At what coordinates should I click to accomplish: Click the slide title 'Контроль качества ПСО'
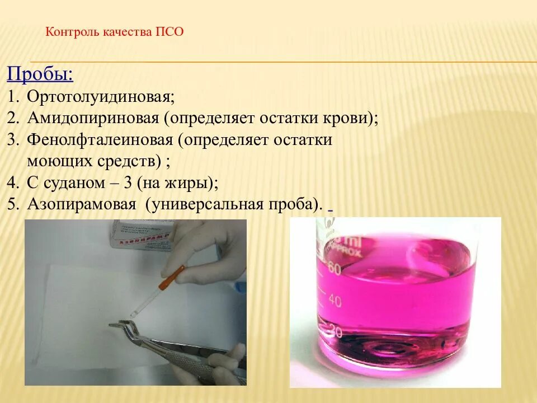click(115, 31)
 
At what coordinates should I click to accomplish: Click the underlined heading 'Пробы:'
click(40, 75)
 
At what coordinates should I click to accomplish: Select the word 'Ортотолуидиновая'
click(100, 97)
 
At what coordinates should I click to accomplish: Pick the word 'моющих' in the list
click(56, 162)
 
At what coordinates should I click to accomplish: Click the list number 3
click(12, 140)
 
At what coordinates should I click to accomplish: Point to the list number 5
click(12, 205)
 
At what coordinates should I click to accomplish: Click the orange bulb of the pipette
click(173, 278)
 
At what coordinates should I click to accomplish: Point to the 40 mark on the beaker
click(335, 301)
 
